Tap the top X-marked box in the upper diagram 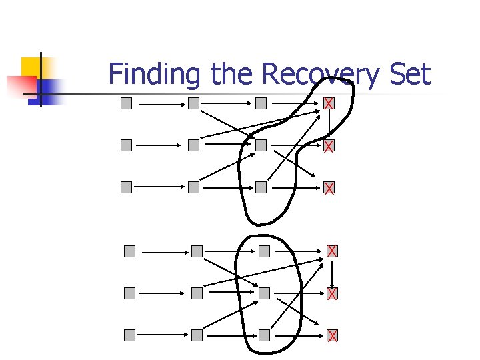point(329,103)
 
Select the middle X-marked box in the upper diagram point(329,145)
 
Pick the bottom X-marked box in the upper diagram point(329,188)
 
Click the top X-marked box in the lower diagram point(332,251)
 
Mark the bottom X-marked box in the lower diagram point(332,335)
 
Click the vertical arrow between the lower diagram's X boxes point(332,272)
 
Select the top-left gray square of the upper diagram point(126,103)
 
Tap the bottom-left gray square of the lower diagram point(129,335)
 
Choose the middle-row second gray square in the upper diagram point(193,145)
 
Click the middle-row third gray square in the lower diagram point(265,293)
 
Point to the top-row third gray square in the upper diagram point(261,103)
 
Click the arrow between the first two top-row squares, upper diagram point(159,105)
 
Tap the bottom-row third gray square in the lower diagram point(265,335)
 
